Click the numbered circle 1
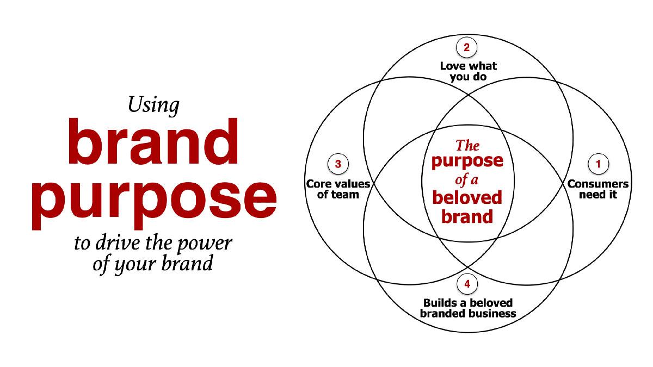coord(598,164)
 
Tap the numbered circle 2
coord(466,47)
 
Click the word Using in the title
coord(153,105)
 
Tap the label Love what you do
coord(468,72)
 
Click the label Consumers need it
coord(598,189)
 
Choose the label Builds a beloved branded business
coord(468,308)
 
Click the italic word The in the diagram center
coord(467,146)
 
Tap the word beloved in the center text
coord(467,197)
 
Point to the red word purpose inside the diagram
coord(467,161)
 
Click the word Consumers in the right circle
coord(598,184)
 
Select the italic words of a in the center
coord(466,179)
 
